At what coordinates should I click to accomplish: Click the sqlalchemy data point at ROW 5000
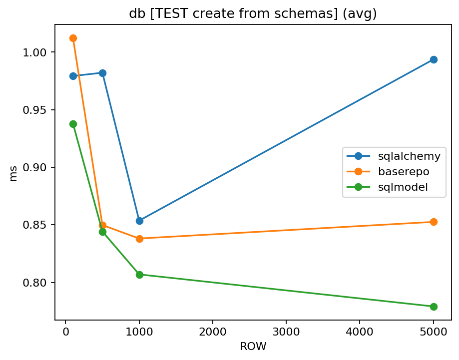(x=434, y=59)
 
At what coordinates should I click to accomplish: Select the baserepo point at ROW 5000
(x=434, y=222)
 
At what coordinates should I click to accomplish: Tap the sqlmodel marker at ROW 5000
(x=434, y=307)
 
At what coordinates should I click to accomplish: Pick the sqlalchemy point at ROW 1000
(x=139, y=221)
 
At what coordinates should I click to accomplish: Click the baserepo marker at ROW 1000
(x=139, y=239)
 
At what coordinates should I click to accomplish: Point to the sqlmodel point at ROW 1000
(x=139, y=275)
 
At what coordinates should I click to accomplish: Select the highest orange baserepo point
(x=73, y=38)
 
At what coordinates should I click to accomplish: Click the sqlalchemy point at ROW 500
(x=102, y=73)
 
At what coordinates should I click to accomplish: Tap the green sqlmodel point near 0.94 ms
(x=73, y=124)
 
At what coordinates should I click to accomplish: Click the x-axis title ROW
(x=253, y=346)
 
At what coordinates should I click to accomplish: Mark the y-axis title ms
(x=13, y=174)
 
